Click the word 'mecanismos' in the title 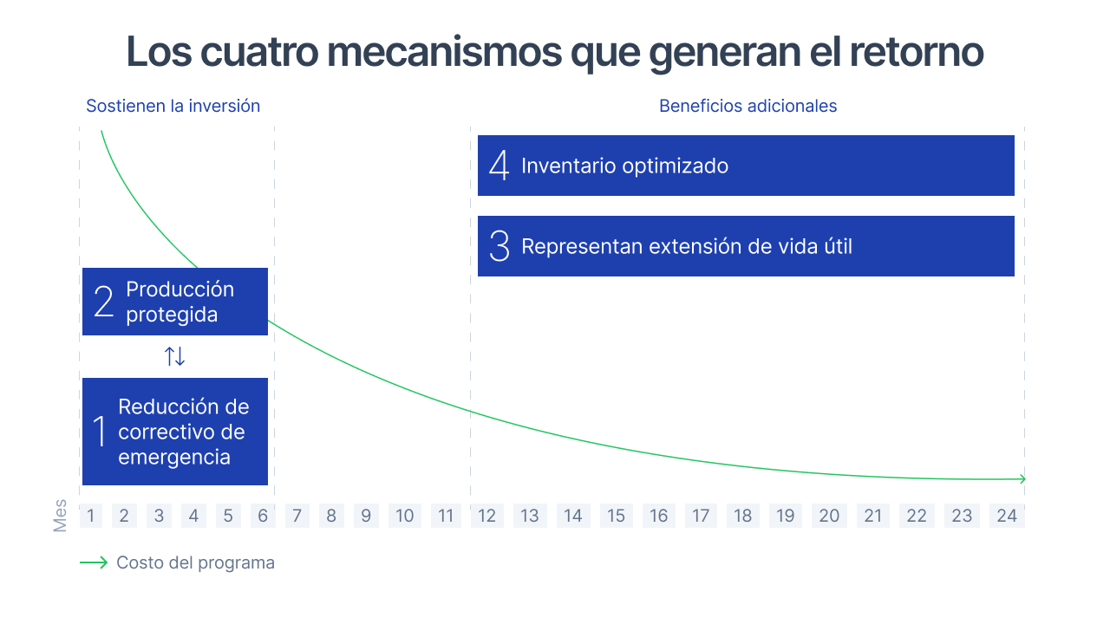[x=445, y=51]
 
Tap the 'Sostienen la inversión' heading [x=173, y=106]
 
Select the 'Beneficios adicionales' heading [x=748, y=106]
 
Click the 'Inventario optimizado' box [x=746, y=166]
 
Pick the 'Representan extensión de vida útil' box [x=746, y=246]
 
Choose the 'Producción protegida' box [x=175, y=302]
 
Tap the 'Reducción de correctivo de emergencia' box [x=175, y=432]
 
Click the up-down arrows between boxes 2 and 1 [x=175, y=356]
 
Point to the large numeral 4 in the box [x=499, y=166]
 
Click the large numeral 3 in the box [x=499, y=246]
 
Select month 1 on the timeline [x=91, y=516]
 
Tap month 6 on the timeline [x=263, y=516]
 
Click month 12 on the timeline [x=486, y=516]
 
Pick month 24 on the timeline [x=1007, y=516]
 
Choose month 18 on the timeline [x=743, y=516]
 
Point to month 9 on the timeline [x=366, y=516]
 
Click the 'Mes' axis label [x=60, y=516]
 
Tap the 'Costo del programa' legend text [x=195, y=563]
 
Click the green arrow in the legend [x=94, y=562]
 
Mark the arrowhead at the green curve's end [x=1022, y=479]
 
